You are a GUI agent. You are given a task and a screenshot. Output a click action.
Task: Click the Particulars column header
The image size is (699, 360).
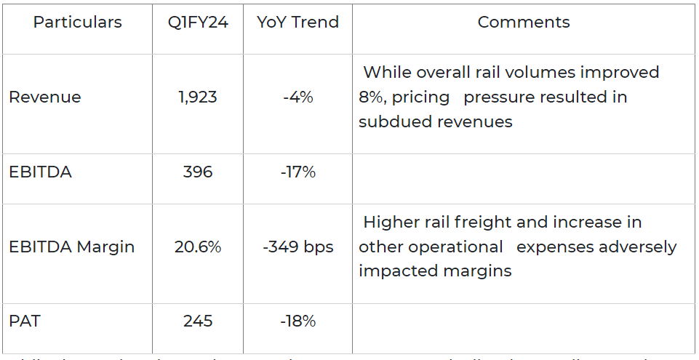pos(77,23)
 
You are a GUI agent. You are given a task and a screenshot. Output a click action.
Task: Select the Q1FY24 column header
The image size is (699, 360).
pos(198,23)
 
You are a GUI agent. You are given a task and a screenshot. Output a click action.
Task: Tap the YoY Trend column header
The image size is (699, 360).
pos(297,23)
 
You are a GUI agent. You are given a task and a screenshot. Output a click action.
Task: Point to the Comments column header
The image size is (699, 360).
pos(524,23)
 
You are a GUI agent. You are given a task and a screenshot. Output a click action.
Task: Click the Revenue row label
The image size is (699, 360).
pos(45,97)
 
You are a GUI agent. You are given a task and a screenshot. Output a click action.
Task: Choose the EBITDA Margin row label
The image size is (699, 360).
pos(72,247)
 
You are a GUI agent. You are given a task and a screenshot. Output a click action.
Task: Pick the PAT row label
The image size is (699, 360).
pos(23,321)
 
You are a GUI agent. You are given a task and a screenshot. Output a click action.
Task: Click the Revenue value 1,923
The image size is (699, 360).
pos(198,97)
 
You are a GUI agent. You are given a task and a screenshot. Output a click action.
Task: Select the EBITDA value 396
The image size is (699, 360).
pos(198,172)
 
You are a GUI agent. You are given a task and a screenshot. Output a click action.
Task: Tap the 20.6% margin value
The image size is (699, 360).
pos(198,247)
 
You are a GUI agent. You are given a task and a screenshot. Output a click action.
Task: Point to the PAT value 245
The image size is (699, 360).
pos(198,321)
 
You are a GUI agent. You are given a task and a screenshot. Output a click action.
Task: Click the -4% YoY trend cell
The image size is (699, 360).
pos(297,97)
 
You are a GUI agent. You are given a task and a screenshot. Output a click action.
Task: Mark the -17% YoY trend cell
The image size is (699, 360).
pos(297,172)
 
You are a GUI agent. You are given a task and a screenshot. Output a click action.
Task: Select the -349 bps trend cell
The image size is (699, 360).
pos(297,247)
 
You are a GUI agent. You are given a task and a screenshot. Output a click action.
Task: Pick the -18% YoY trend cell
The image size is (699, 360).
pos(297,321)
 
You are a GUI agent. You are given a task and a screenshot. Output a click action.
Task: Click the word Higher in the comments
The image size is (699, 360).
pos(390,223)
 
